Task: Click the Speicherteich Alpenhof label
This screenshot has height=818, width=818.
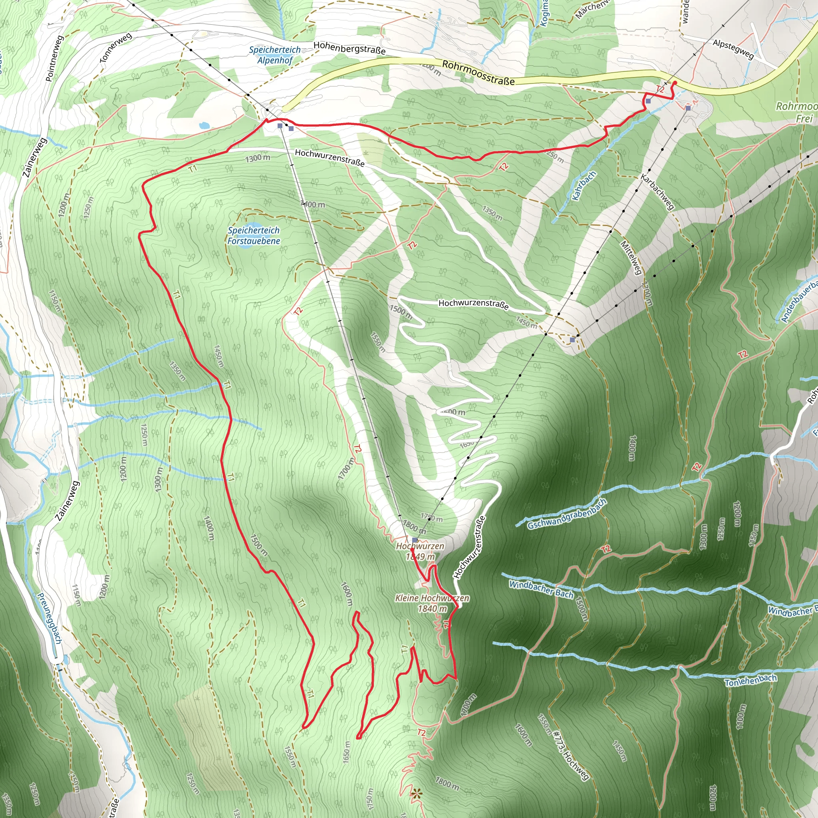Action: [275, 55]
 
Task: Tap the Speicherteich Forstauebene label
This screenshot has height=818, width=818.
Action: [254, 235]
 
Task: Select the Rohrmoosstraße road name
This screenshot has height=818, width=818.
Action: [478, 72]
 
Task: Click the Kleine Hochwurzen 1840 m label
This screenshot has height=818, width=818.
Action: [432, 603]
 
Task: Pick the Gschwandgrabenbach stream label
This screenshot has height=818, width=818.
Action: [567, 514]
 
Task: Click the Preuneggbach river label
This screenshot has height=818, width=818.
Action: [50, 618]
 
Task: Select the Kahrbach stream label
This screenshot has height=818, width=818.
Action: [584, 185]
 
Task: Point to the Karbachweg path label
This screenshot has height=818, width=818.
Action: [657, 191]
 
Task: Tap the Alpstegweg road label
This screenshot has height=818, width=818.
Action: [733, 49]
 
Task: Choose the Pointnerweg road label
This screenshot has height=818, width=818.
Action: [54, 58]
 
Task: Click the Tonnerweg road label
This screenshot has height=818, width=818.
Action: [115, 48]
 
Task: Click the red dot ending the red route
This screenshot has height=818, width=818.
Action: [675, 83]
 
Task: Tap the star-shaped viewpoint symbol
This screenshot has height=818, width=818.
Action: [417, 794]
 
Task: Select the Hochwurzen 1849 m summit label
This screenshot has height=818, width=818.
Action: [420, 551]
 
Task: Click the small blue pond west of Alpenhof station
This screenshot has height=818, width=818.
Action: [204, 125]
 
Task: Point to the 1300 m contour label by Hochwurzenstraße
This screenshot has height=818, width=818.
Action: [258, 158]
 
